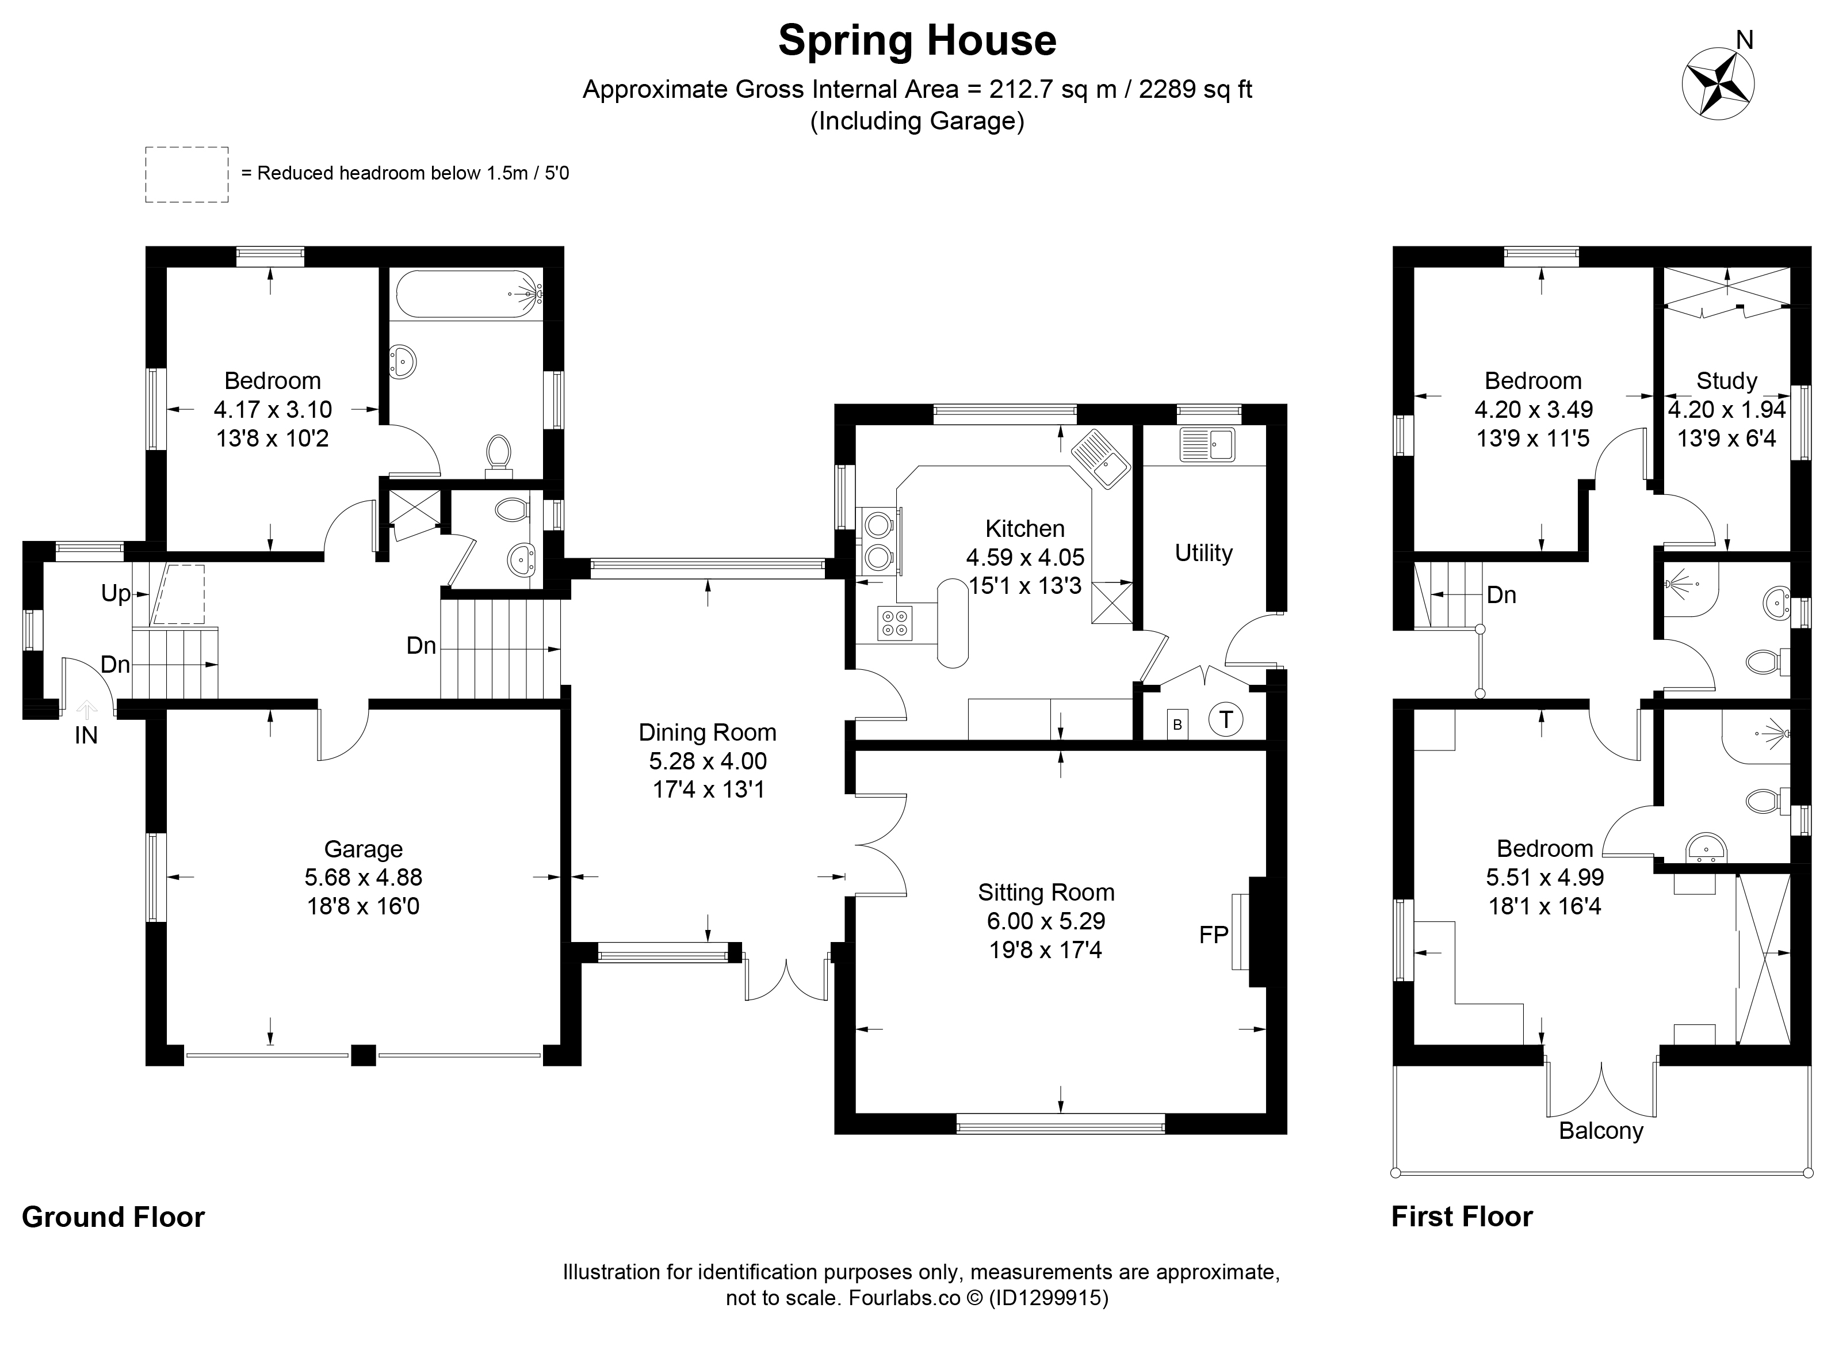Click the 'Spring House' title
tap(917, 41)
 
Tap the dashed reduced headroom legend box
tap(186, 174)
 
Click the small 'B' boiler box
tap(1177, 723)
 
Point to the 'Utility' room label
tap(1203, 553)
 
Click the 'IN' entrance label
tap(86, 736)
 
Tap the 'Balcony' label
tap(1600, 1131)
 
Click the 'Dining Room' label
tap(707, 733)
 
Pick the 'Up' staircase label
tap(115, 594)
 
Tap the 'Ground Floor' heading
tap(113, 1217)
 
